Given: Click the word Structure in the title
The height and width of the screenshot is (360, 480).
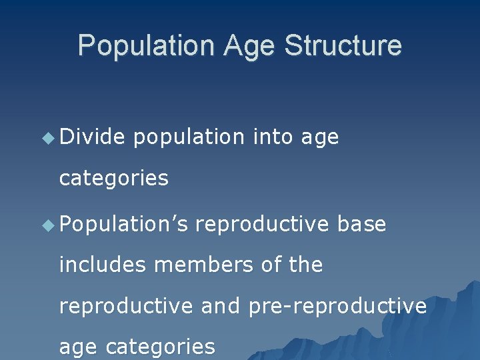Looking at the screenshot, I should pyautogui.click(x=343, y=46).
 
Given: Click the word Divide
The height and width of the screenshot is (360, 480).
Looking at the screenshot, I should pyautogui.click(x=92, y=137).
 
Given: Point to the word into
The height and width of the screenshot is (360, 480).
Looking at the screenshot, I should pyautogui.click(x=273, y=137).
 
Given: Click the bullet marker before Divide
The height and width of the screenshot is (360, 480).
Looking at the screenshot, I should pyautogui.click(x=47, y=138).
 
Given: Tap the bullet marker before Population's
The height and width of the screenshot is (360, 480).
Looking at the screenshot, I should pyautogui.click(x=47, y=225).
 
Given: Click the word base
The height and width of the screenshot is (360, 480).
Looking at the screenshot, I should pyautogui.click(x=361, y=225).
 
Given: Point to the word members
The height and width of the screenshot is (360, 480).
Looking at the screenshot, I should pyautogui.click(x=204, y=265).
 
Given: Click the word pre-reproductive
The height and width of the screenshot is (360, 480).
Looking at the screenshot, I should pyautogui.click(x=337, y=306).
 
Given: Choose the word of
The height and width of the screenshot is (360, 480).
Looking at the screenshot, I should pyautogui.click(x=271, y=265).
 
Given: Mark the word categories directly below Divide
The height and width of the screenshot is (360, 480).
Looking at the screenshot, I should pyautogui.click(x=113, y=178).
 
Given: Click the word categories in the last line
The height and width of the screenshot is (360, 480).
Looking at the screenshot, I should pyautogui.click(x=160, y=347).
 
